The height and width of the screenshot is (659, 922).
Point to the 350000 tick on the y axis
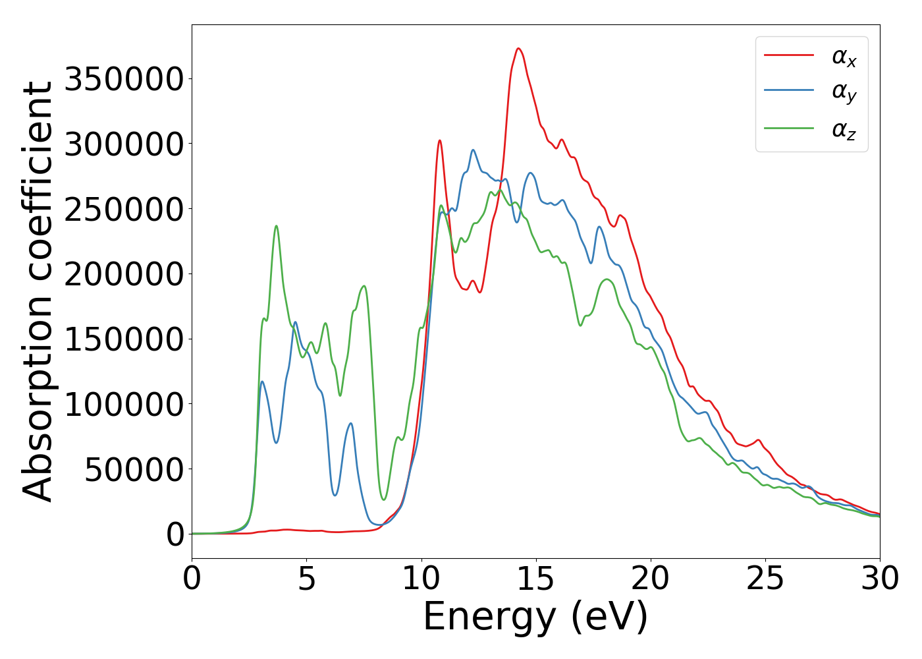pos(124,79)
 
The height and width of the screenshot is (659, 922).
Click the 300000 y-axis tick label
pos(124,144)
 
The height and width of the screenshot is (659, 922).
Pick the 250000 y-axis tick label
pos(124,210)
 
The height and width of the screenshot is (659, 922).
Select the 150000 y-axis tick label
pos(124,339)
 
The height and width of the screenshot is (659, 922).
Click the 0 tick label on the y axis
pos(175,534)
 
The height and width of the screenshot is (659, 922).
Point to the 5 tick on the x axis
pos(307,579)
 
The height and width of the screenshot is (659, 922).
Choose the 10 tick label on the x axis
pos(421,579)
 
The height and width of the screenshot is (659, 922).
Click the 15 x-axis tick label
pos(536,579)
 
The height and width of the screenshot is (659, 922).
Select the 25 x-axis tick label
pos(765,579)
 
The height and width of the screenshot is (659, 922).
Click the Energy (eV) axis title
pos(535,617)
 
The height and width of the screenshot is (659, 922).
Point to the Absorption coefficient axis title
pos(38,291)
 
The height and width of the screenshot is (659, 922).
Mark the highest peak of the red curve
pos(518,48)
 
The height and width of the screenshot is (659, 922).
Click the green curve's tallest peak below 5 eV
pos(276,226)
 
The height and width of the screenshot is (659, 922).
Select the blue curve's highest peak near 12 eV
pos(473,150)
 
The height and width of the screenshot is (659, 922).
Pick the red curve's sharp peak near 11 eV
pos(439,140)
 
